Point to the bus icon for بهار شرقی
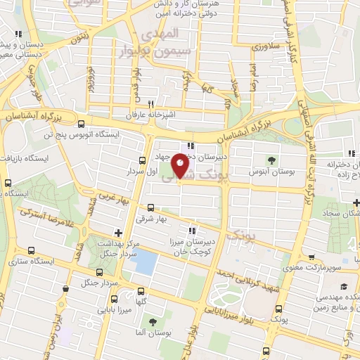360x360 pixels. [150, 207]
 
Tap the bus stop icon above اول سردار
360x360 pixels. [143, 160]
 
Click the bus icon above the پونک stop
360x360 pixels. [279, 309]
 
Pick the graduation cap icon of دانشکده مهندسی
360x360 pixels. [345, 286]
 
